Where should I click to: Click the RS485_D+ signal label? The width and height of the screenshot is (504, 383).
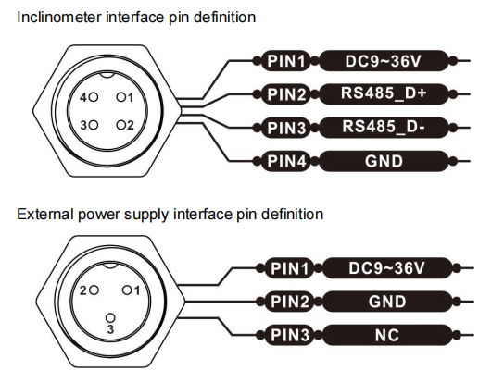click(x=384, y=93)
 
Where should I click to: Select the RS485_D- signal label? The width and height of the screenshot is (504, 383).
click(x=384, y=128)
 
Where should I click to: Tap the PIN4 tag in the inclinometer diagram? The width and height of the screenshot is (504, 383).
click(x=286, y=161)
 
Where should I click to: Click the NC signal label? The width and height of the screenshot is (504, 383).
click(x=387, y=335)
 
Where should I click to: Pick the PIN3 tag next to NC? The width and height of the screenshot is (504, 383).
click(x=290, y=335)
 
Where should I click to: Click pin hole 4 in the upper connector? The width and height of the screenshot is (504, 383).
click(x=94, y=97)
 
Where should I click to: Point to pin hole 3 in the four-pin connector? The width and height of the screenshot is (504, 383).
click(x=94, y=125)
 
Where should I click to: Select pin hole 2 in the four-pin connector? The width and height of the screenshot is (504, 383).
click(x=121, y=125)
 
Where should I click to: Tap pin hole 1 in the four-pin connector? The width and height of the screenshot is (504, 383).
click(x=121, y=96)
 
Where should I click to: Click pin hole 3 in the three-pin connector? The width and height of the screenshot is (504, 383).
click(x=110, y=318)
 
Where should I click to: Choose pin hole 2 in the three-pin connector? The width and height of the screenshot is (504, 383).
click(x=94, y=290)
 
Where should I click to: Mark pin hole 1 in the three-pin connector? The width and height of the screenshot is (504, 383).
click(x=127, y=290)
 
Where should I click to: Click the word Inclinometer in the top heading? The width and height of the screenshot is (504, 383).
click(x=59, y=17)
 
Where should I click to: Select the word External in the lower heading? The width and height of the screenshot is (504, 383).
click(x=45, y=214)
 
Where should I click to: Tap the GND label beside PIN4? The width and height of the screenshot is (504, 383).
click(x=384, y=161)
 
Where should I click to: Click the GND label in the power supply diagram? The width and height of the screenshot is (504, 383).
click(x=387, y=302)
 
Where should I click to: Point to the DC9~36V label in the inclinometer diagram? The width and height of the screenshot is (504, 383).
click(x=384, y=61)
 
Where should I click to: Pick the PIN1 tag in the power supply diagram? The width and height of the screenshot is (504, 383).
click(x=290, y=268)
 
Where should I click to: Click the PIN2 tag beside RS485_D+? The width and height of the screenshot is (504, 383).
click(x=286, y=94)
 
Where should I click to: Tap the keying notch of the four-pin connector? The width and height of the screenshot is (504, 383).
click(x=107, y=76)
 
